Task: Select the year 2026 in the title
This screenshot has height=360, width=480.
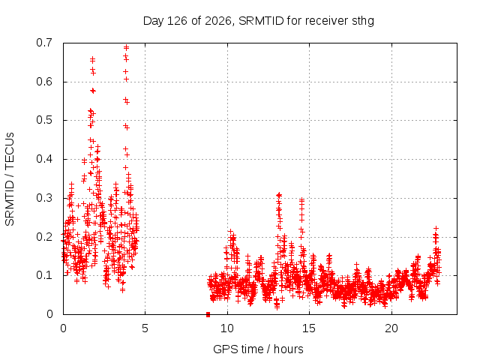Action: point(218,21)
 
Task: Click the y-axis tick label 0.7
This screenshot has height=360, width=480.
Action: point(44,43)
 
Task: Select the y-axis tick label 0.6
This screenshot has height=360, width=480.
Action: point(44,82)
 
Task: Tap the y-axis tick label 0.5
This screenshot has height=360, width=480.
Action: point(44,120)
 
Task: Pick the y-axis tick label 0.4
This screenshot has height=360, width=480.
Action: point(44,159)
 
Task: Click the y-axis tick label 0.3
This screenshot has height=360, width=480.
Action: point(44,198)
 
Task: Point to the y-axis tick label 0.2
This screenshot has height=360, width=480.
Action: point(44,237)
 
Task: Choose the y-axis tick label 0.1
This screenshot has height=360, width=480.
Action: point(44,275)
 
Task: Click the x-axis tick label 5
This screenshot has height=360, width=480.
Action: point(145,328)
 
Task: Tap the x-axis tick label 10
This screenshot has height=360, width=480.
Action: point(227,328)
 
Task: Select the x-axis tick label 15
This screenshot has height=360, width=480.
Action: point(309,328)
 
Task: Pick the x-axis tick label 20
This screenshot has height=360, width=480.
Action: point(391,328)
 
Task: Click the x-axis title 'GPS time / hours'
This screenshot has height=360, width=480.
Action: point(258,349)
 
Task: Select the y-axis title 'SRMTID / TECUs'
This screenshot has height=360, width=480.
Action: point(10,179)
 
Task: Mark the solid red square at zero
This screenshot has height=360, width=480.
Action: point(208,314)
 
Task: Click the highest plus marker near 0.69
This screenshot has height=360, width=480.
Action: point(126,47)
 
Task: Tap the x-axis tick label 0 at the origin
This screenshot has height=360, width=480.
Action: point(63,328)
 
